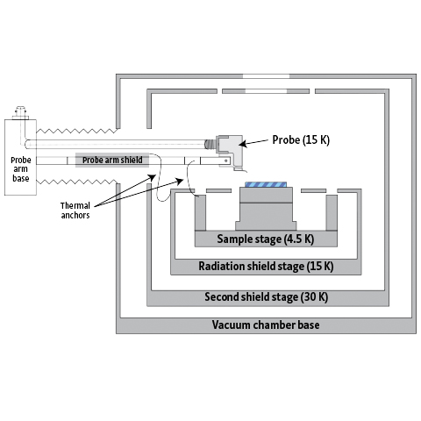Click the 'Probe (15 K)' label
point(301,139)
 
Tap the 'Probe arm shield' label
point(112,160)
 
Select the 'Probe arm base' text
point(20,169)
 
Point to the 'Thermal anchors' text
point(75,210)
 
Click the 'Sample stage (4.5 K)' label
point(266,239)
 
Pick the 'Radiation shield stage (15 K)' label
point(266,267)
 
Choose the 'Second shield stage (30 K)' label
point(266,296)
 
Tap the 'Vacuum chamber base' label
point(266,325)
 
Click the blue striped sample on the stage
point(266,184)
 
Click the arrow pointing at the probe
point(253,142)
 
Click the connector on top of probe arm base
point(20,113)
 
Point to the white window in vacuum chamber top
point(266,76)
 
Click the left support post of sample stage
point(200,212)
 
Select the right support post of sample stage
point(332,212)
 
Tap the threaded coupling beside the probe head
point(210,144)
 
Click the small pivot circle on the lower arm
point(226,161)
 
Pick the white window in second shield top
point(266,91)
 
